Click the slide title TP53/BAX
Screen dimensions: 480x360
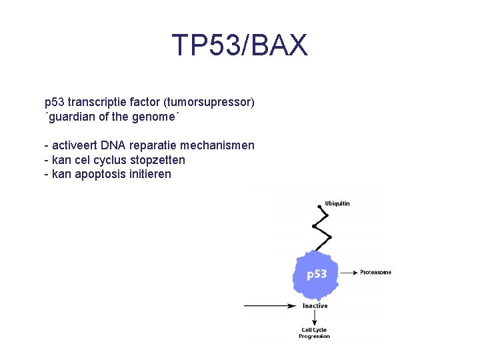[240, 45]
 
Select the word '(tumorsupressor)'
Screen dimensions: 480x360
[211, 103]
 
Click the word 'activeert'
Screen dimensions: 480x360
[75, 145]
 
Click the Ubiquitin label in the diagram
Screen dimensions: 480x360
[337, 203]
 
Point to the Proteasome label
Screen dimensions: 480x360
[375, 272]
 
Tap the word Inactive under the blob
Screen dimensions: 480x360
[315, 306]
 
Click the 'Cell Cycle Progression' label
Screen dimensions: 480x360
[314, 333]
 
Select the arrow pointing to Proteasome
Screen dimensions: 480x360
[348, 272]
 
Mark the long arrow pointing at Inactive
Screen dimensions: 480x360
[270, 306]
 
